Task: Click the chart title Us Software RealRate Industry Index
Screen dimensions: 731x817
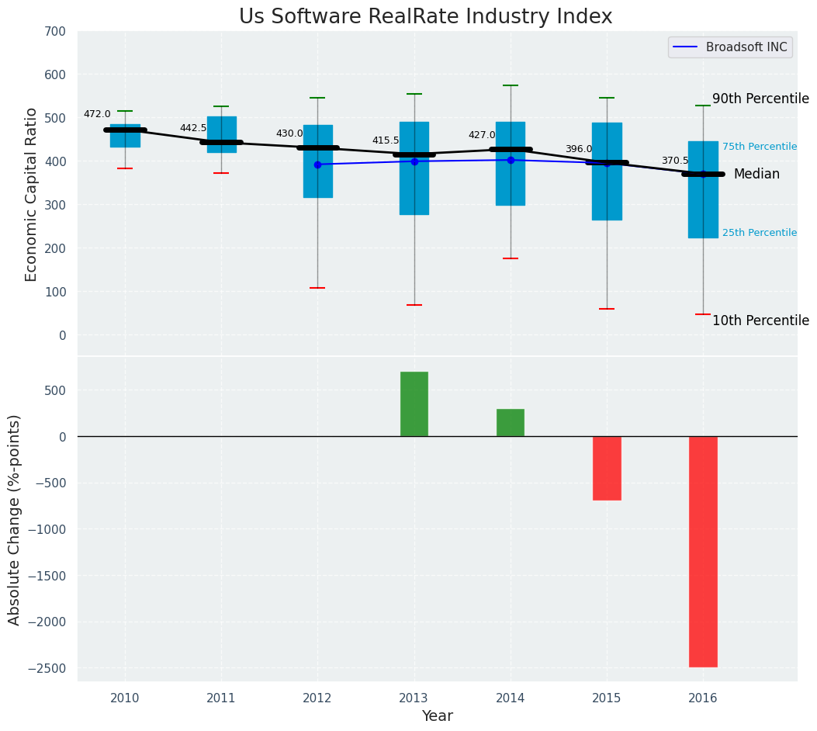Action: (425, 17)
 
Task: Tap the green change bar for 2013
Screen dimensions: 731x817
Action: (414, 404)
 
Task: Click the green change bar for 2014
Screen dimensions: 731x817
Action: (511, 422)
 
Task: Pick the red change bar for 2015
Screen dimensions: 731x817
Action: (607, 468)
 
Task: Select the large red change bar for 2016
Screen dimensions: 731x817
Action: (703, 551)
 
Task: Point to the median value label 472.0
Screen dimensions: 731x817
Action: (97, 114)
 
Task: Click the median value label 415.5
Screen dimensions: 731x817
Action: (386, 140)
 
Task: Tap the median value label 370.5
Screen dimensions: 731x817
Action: (675, 161)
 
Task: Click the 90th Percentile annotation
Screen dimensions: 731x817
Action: (760, 99)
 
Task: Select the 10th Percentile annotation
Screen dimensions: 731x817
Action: (760, 320)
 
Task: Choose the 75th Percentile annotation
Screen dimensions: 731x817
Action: (759, 147)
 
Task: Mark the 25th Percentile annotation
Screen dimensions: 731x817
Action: (759, 233)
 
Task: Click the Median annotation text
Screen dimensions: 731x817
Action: (756, 174)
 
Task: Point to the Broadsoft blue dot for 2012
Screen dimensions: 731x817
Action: (317, 165)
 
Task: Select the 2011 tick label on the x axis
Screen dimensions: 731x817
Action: (221, 698)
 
